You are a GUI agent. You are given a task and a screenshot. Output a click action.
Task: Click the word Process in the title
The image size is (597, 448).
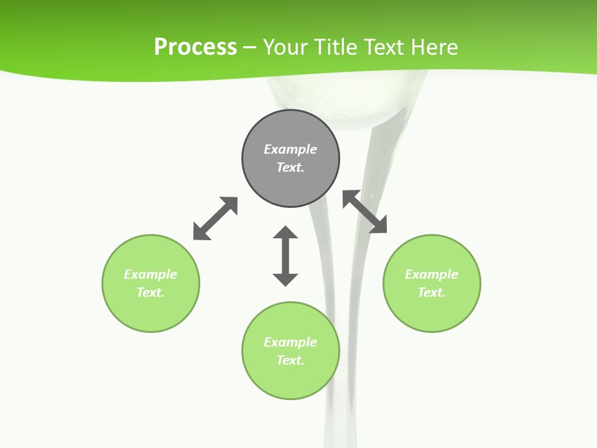195,47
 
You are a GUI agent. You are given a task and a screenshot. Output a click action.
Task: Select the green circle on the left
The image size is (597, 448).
150,311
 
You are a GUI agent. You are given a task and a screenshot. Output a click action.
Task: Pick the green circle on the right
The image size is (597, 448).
432,311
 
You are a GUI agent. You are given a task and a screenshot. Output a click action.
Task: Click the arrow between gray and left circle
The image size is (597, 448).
215,218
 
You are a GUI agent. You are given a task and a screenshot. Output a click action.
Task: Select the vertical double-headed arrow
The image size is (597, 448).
285,256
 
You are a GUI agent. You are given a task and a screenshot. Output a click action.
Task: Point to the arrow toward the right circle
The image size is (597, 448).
364,212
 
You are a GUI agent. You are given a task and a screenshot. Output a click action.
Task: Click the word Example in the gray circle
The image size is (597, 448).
290,149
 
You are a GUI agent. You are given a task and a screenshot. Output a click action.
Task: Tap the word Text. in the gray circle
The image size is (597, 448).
290,167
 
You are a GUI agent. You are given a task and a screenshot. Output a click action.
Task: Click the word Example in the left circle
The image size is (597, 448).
150,274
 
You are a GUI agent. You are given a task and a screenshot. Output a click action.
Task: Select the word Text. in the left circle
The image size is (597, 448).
150,292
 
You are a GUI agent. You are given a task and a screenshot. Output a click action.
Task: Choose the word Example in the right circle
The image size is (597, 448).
432,274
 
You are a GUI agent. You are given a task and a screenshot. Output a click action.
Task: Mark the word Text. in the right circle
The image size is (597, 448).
432,292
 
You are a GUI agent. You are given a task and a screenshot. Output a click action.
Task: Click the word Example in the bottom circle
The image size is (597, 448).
290,342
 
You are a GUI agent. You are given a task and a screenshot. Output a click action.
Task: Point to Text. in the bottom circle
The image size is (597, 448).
290,360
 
